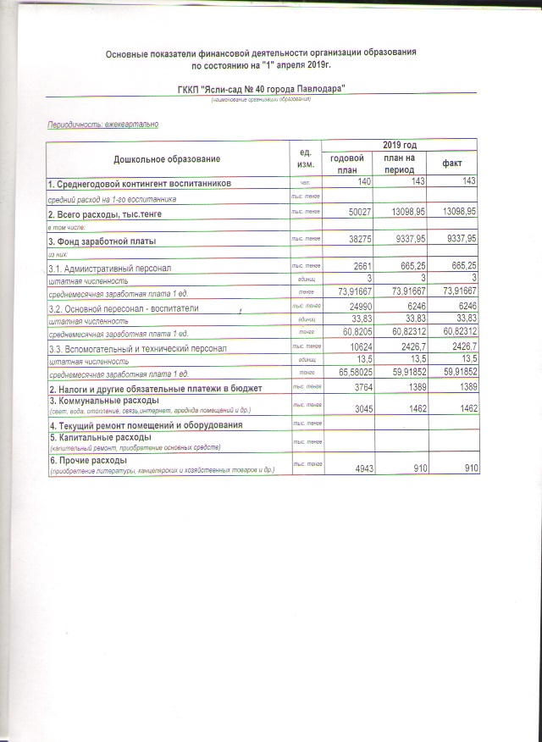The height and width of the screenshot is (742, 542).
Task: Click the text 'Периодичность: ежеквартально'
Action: point(102,125)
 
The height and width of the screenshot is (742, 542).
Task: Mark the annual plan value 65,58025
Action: point(351,372)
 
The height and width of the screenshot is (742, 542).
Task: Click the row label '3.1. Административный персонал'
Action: point(109,268)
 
